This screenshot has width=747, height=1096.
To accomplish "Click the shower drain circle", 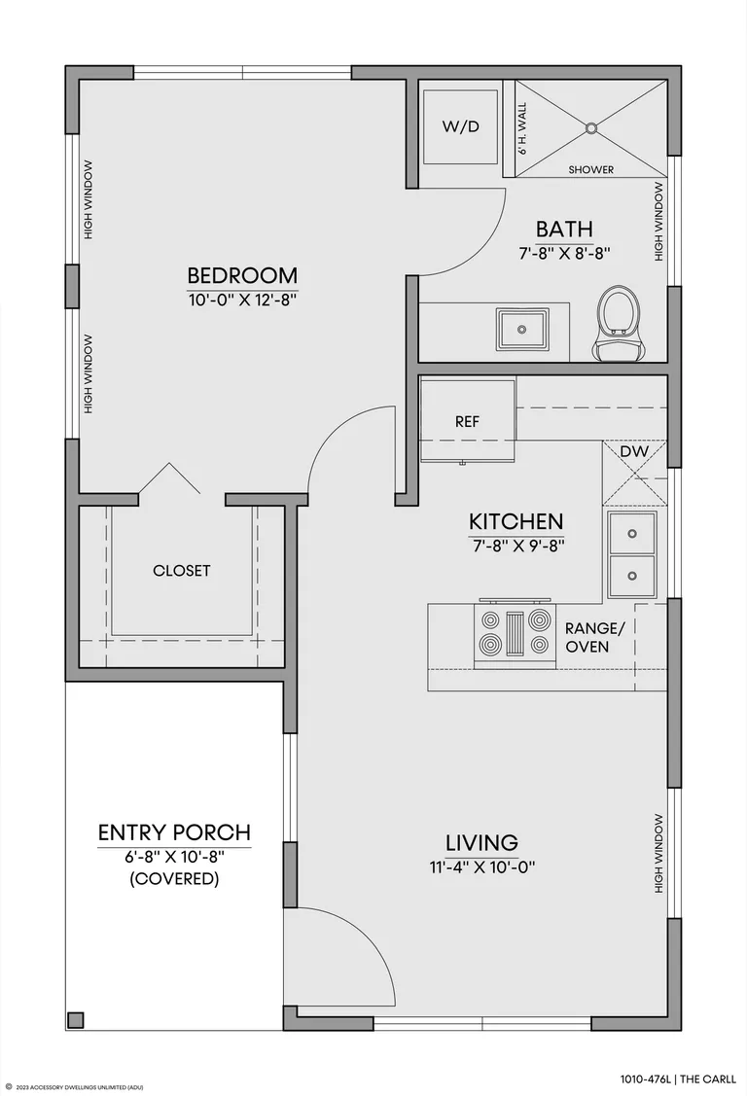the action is tap(591, 128).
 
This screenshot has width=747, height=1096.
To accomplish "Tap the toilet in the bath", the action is tap(618, 323).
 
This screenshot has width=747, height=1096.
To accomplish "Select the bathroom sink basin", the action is tap(521, 329).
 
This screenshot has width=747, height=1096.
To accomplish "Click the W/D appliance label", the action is tap(461, 126).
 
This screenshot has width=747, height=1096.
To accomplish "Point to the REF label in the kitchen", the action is tap(468, 421).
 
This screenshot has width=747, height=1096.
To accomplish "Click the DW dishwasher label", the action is tap(634, 451).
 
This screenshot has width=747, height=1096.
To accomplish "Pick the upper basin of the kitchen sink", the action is tap(632, 533).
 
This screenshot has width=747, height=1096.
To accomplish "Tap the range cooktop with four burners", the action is tap(515, 632).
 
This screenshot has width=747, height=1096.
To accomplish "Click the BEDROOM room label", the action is tap(242, 274).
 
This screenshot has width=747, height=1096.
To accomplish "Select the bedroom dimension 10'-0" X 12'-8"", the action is tap(242, 301).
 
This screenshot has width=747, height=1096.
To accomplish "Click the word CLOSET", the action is tap(182, 570).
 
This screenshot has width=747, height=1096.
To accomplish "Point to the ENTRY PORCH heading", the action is tap(174, 832).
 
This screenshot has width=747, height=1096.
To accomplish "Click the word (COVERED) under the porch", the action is tap(174, 878).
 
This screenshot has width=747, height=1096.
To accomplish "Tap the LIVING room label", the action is tap(482, 842).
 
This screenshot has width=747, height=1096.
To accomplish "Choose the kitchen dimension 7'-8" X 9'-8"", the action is tap(516, 546).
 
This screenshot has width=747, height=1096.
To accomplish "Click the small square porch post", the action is tap(75, 1020).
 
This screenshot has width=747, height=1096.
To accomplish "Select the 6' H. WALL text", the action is tap(522, 128).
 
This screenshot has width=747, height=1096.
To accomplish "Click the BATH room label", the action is tap(564, 229).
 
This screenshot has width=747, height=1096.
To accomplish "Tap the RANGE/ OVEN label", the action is tap(592, 637).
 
